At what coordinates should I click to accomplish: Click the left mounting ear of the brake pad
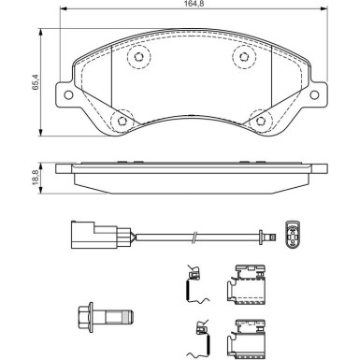pyautogui.click(x=65, y=94)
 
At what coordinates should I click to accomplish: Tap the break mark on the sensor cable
pyautogui.click(x=194, y=238)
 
